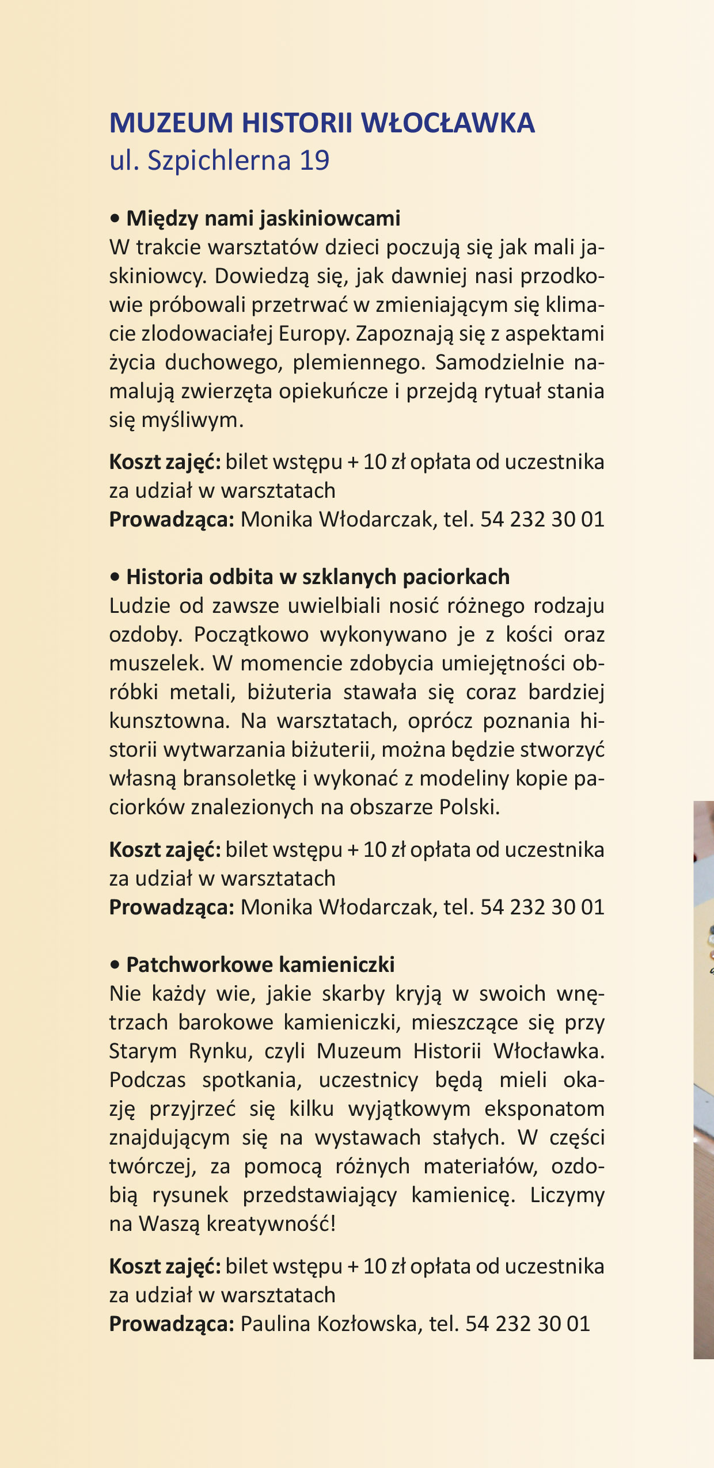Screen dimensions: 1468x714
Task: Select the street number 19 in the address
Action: click(x=314, y=160)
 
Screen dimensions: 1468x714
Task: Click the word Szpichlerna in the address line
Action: click(x=219, y=161)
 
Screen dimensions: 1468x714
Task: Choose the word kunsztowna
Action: click(x=169, y=721)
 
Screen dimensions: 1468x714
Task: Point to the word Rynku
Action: click(x=221, y=1051)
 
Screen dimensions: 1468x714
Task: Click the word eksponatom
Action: click(x=544, y=1109)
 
